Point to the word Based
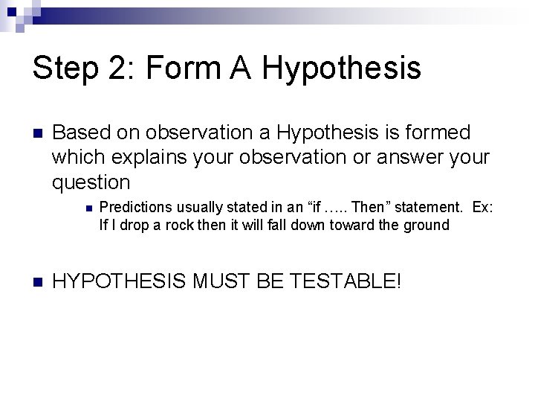click(x=80, y=133)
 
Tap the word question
click(x=91, y=182)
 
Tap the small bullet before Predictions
click(x=88, y=208)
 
